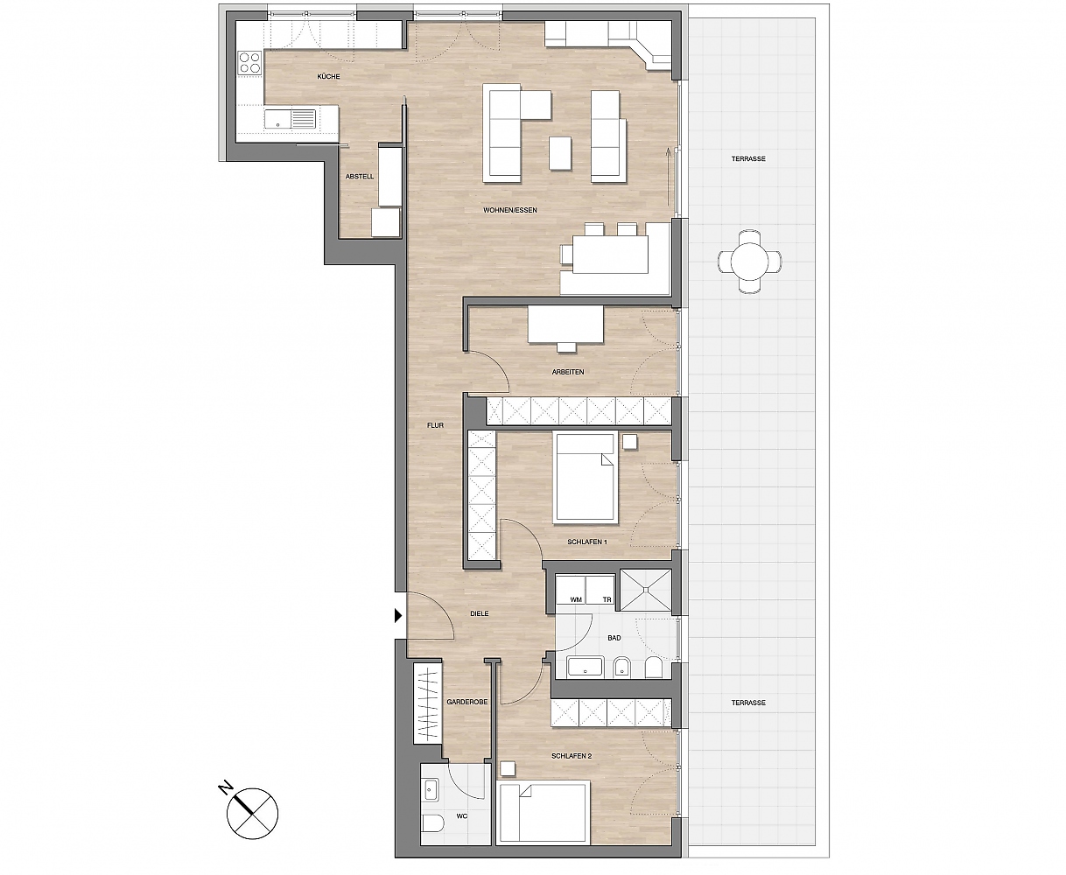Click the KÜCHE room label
click(x=328, y=77)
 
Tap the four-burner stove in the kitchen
click(x=249, y=63)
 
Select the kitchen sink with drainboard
click(x=290, y=119)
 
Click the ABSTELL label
click(x=360, y=177)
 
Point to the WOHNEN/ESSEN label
click(x=510, y=210)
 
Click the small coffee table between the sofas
click(x=560, y=153)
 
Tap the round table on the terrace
click(x=749, y=262)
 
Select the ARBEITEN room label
click(x=568, y=372)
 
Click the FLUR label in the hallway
click(x=435, y=425)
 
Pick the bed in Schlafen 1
click(x=586, y=478)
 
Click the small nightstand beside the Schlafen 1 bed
click(x=630, y=442)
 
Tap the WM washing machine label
click(x=576, y=600)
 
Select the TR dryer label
click(x=607, y=600)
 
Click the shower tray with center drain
click(x=646, y=591)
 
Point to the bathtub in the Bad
click(x=586, y=667)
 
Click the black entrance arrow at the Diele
click(x=398, y=616)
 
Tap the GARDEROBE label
click(x=466, y=702)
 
